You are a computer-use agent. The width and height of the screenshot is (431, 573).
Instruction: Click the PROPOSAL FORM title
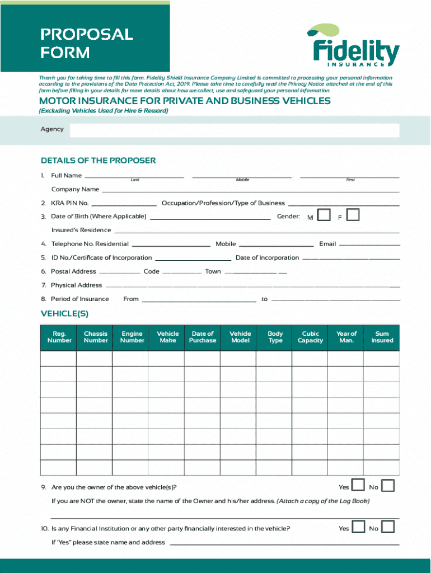tap(86, 43)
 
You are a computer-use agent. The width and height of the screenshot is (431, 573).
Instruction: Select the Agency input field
tap(234, 130)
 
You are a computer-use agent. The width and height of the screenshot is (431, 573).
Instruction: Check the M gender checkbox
tap(324, 215)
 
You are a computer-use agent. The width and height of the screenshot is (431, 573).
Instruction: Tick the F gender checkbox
tap(353, 215)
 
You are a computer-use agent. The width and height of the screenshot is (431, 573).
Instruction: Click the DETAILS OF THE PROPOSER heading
tap(98, 161)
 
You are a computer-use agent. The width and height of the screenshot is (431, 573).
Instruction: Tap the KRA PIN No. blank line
tap(124, 204)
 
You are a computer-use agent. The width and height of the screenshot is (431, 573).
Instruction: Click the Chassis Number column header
tap(96, 337)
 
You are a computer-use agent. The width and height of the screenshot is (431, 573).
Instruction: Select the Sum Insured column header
tap(382, 337)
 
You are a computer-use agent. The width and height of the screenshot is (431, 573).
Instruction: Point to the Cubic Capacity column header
tap(310, 337)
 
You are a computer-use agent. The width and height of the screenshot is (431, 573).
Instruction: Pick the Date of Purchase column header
tap(203, 337)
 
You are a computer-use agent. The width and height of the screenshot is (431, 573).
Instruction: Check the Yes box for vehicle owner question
tap(358, 486)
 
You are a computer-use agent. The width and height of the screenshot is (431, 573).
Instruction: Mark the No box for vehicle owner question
tap(388, 486)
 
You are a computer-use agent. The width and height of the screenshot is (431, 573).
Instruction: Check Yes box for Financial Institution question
tap(358, 527)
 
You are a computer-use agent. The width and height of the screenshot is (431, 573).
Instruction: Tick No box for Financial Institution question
tap(388, 527)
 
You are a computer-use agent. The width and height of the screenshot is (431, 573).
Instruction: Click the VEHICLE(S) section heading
tap(64, 314)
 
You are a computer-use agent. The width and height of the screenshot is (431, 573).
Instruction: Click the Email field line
tap(369, 245)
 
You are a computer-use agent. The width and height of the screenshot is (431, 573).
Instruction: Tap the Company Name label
tap(75, 189)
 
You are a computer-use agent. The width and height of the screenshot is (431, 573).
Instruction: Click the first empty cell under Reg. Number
tap(58, 359)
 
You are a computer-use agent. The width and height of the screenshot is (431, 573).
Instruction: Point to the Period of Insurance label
tap(79, 299)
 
